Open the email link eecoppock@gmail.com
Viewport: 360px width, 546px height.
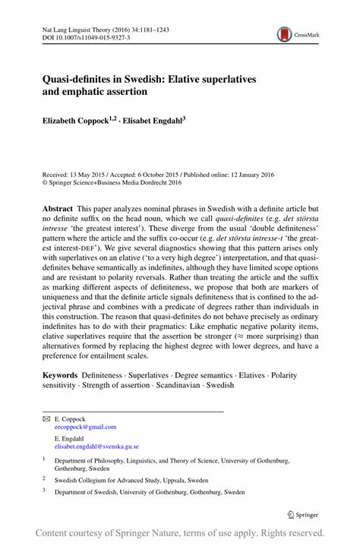click(x=85, y=427)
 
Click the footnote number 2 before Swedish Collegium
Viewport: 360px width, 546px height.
click(x=44, y=478)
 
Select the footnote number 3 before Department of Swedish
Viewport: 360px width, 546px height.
click(x=44, y=491)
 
